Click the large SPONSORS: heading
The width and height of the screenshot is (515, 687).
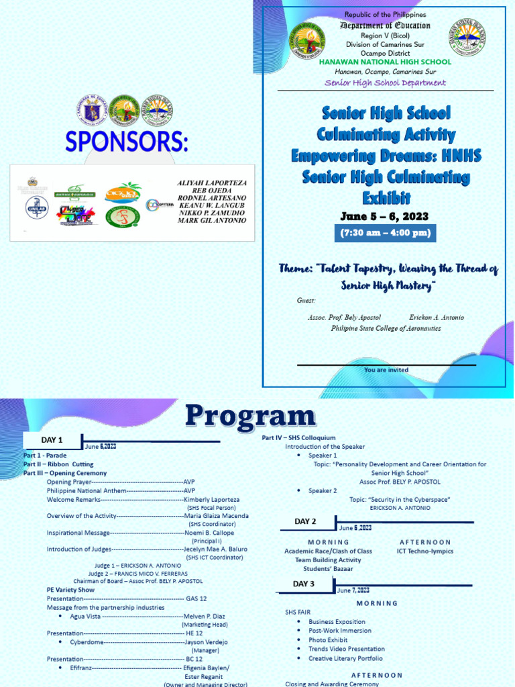[127, 142]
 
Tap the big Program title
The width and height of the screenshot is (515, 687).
[249, 417]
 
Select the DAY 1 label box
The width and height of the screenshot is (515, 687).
[52, 440]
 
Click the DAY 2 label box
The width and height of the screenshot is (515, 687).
[304, 521]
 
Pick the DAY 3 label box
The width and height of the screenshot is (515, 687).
[303, 584]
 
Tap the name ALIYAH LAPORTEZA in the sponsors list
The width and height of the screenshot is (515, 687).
[212, 183]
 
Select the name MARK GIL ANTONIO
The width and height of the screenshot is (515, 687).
[212, 221]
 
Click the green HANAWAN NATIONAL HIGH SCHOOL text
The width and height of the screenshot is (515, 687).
[385, 62]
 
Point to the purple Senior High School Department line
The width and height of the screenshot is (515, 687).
[385, 83]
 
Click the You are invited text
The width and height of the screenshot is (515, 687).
[386, 370]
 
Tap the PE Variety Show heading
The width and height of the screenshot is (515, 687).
[66, 590]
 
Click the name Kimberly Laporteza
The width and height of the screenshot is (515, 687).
[211, 500]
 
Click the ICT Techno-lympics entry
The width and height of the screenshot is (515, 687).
[424, 551]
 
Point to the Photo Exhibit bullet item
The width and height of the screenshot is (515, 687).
[328, 640]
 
